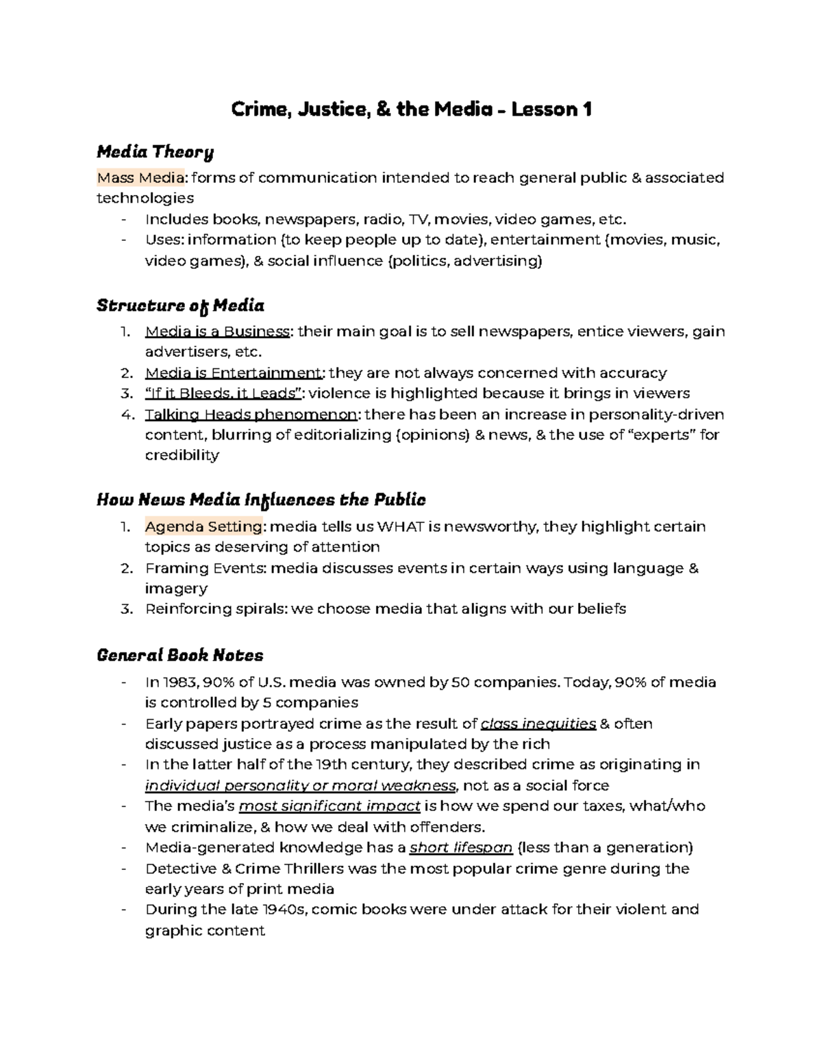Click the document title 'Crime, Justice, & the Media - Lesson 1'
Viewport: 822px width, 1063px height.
tap(411, 110)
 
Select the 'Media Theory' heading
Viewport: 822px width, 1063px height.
tap(155, 151)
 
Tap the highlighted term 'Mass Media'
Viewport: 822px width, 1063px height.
tap(140, 178)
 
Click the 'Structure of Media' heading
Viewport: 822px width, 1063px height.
tap(180, 305)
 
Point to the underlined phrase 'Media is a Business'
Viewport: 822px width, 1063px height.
tap(217, 332)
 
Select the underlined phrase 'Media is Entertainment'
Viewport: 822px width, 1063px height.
tap(234, 373)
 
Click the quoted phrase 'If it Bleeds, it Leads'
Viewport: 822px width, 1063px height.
tap(223, 394)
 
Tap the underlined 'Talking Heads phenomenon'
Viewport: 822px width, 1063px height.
tap(251, 415)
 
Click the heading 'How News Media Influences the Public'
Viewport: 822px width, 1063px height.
tap(261, 500)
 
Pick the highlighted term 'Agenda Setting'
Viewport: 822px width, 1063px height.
tap(203, 527)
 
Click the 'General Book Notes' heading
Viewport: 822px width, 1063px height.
tap(179, 656)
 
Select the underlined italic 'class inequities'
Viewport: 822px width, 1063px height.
tap(538, 724)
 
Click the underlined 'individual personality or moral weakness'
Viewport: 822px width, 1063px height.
tap(300, 786)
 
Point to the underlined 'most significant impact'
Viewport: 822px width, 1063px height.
tap(329, 806)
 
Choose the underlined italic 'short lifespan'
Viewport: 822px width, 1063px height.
tap(461, 848)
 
